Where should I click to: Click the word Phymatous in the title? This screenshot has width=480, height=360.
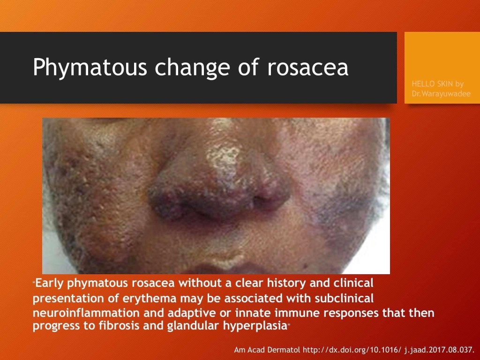pos(90,67)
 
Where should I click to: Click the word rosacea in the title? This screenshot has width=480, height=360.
pos(307,67)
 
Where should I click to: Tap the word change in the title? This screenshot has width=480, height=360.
pos(192,68)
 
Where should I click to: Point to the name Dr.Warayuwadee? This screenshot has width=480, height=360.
pos(441,93)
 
